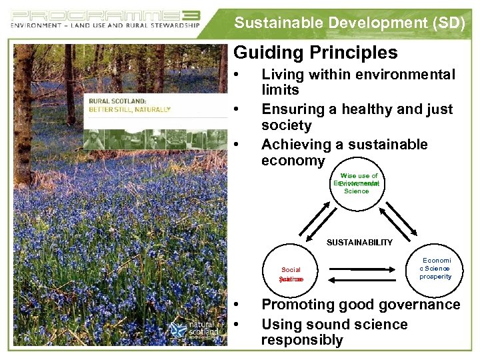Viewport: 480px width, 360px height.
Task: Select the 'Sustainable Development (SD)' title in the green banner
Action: point(349,23)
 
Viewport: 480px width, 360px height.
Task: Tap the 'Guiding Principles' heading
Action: point(315,53)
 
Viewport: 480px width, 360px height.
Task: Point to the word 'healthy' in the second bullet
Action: point(372,109)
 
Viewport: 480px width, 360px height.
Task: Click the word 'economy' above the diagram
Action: point(293,161)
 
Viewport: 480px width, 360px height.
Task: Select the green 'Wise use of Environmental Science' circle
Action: point(357,184)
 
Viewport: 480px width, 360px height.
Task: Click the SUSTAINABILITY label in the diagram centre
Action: point(359,243)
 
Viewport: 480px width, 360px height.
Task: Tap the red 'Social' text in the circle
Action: point(291,270)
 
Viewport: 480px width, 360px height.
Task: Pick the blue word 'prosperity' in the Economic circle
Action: point(435,277)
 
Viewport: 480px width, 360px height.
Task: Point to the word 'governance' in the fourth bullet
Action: point(420,305)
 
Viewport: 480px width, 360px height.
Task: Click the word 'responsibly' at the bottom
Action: point(301,340)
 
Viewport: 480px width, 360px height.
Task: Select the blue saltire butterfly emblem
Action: point(178,330)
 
